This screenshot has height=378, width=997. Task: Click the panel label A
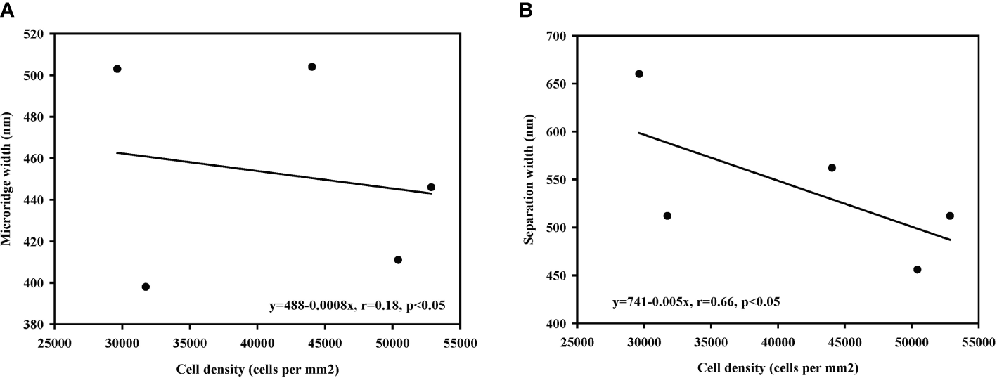[6, 10]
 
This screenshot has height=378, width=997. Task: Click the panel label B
[525, 10]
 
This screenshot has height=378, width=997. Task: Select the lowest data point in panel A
[146, 287]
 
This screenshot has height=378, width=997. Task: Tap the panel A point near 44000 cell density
[312, 67]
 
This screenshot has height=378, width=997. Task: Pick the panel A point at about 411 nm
[398, 260]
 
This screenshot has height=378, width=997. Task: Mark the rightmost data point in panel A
[431, 187]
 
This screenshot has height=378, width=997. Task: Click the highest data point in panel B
[639, 74]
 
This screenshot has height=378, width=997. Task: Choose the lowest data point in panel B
[917, 269]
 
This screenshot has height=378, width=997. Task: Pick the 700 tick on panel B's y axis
[555, 36]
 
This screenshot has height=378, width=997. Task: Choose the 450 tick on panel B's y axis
[555, 276]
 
